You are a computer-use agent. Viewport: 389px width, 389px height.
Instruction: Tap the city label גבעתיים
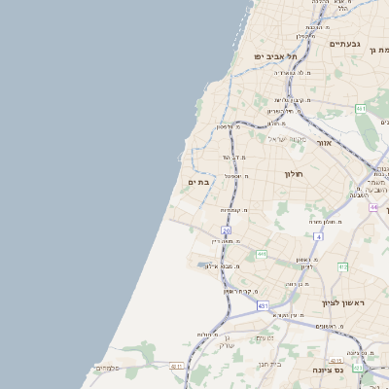(x=345, y=44)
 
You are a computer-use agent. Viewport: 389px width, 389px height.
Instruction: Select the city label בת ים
(x=198, y=182)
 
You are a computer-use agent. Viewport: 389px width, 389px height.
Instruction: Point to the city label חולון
(x=294, y=174)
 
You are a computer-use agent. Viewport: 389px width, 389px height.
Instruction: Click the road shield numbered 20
(x=226, y=230)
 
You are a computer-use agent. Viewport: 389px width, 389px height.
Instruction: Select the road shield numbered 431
(x=263, y=305)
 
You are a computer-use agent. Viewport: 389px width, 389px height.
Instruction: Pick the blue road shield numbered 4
(x=318, y=236)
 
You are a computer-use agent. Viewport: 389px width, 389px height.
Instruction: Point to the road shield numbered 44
(x=374, y=207)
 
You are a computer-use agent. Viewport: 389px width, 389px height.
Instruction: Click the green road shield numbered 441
(x=262, y=254)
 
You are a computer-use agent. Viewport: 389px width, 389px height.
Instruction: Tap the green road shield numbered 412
(x=342, y=265)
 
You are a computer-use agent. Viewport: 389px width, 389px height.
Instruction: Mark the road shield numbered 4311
(x=177, y=367)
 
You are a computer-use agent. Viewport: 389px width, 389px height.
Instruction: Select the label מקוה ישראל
(x=287, y=139)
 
